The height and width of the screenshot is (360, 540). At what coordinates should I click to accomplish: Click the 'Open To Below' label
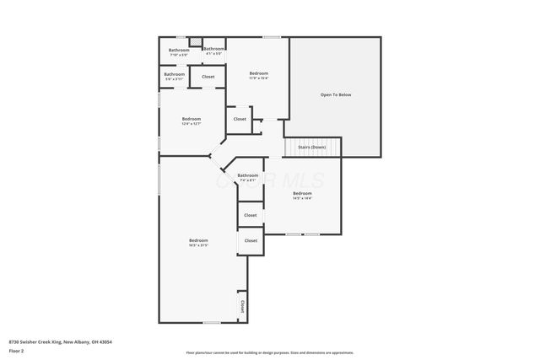(x=335, y=94)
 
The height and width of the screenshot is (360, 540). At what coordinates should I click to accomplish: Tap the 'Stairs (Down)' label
(x=312, y=148)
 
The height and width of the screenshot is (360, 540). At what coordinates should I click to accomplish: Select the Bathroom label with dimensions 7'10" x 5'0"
(x=179, y=51)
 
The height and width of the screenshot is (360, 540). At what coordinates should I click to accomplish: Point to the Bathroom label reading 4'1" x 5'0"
(x=214, y=51)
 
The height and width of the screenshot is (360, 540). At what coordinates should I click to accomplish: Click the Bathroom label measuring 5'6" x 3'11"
(x=175, y=76)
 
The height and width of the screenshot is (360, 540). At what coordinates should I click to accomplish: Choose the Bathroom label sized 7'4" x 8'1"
(x=249, y=177)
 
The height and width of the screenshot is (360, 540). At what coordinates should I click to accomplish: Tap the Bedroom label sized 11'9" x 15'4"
(x=258, y=75)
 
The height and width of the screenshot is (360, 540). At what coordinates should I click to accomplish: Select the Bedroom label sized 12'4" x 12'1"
(x=192, y=121)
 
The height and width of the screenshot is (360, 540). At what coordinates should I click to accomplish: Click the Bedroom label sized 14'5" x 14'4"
(x=302, y=196)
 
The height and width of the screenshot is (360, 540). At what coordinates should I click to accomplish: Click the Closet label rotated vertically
(x=242, y=305)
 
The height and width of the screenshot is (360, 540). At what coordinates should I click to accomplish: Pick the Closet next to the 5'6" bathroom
(x=208, y=77)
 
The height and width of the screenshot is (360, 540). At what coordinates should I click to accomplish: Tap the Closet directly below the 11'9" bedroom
(x=240, y=119)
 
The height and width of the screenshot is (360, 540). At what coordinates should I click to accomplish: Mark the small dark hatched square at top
(x=195, y=40)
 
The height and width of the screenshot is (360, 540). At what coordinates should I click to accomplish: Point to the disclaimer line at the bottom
(x=270, y=352)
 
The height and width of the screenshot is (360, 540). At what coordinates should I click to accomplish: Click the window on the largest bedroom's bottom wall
(x=212, y=322)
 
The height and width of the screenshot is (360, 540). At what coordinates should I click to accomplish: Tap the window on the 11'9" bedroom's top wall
(x=272, y=36)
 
